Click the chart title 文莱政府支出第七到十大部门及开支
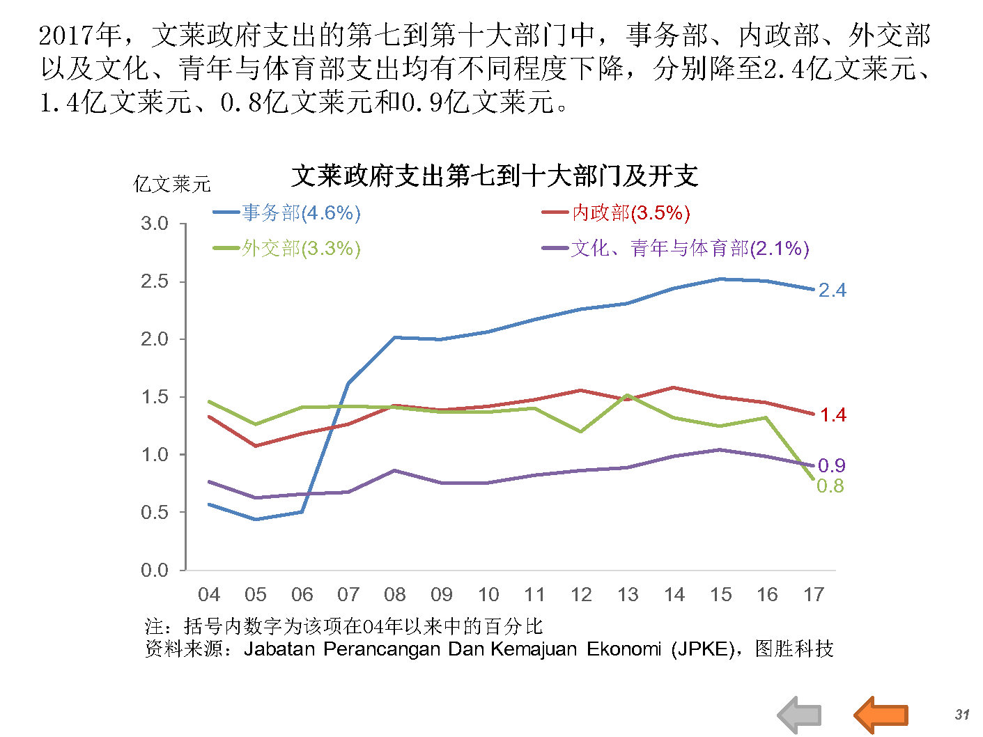pos(494,176)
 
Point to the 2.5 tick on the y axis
pos(155,281)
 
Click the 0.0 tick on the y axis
pos(155,571)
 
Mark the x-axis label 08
pos(395,595)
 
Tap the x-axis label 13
pos(628,595)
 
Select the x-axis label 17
pos(814,595)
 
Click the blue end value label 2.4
pos(832,290)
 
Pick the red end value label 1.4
pos(833,415)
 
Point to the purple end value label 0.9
pos(831,465)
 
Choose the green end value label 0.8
pos(830,486)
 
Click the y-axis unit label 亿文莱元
pos(171,185)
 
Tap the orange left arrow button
pos(881,714)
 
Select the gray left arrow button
pos(799,714)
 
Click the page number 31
pos(962,714)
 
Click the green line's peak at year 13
pos(628,395)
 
